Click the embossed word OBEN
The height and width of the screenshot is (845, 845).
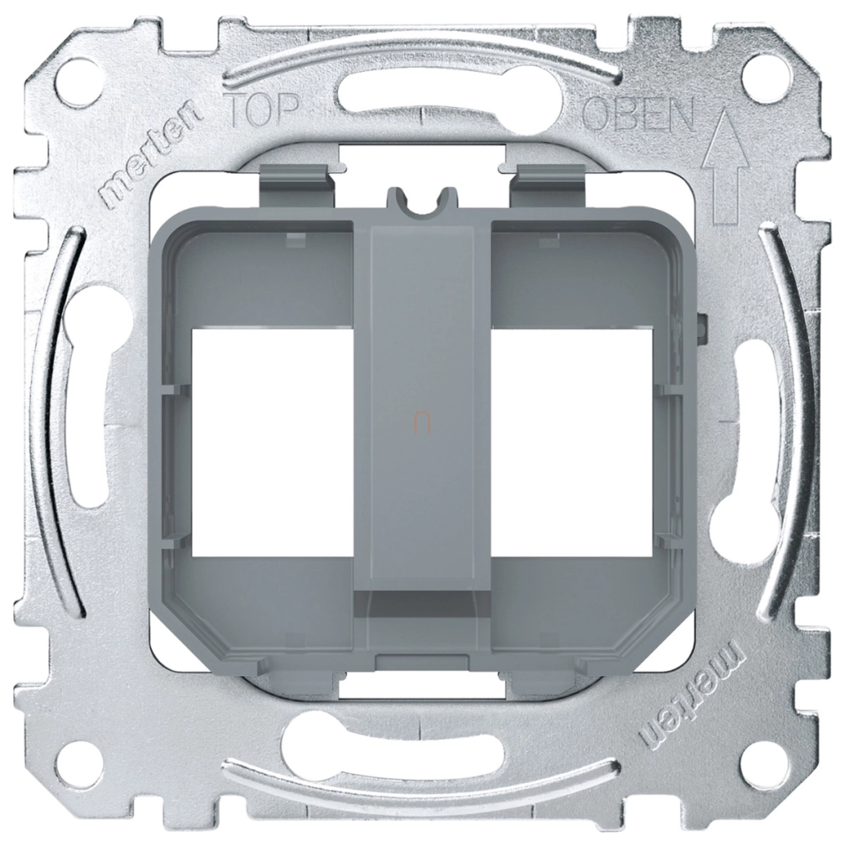point(640,115)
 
